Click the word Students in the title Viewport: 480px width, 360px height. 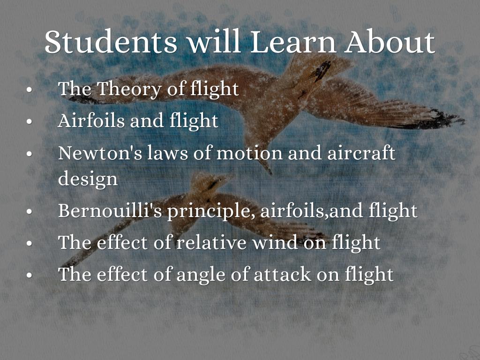pyautogui.click(x=111, y=42)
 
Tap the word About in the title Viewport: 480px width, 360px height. pyautogui.click(x=390, y=42)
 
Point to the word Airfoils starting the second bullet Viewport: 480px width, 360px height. pyautogui.click(x=91, y=120)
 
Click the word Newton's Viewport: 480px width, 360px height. pyautogui.click(x=100, y=153)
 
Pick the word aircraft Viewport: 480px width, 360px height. pyautogui.click(x=361, y=153)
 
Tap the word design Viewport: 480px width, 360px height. pyautogui.click(x=88, y=179)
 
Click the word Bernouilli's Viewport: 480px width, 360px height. pyautogui.click(x=110, y=210)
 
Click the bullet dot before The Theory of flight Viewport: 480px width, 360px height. pyautogui.click(x=30, y=90)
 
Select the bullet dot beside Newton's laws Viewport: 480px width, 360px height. pyautogui.click(x=30, y=153)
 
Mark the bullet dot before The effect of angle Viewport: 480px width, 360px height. pyautogui.click(x=30, y=275)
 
